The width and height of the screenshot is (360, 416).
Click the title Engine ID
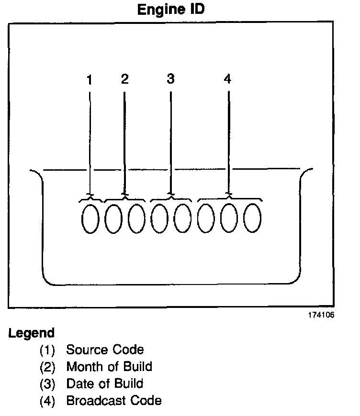(170, 10)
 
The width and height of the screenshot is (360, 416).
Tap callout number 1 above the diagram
(90, 80)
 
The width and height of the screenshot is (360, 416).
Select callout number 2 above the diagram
(124, 79)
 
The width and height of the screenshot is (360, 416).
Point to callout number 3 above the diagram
(171, 79)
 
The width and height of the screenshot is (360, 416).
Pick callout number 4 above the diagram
(228, 79)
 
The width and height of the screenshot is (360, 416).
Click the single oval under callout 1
(90, 219)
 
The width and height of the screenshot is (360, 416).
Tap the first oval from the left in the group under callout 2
(113, 219)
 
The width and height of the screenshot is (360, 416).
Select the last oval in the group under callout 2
(136, 219)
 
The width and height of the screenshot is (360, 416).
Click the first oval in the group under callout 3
(159, 219)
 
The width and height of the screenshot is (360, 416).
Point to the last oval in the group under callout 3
(182, 219)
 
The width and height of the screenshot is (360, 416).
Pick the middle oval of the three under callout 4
(229, 219)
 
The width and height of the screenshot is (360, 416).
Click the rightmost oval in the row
(252, 219)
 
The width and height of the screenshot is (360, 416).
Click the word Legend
(32, 333)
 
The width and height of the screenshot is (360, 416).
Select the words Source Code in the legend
(105, 350)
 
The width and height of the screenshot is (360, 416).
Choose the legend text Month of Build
(109, 367)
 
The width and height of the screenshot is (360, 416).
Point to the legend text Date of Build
(104, 383)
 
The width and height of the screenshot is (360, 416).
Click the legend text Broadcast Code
(114, 400)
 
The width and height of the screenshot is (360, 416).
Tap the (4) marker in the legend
(47, 401)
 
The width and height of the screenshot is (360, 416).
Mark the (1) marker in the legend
(47, 350)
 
